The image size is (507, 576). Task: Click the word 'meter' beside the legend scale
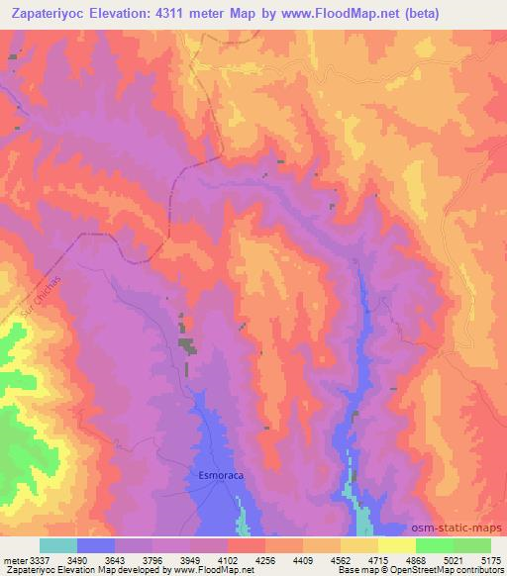coord(16,560)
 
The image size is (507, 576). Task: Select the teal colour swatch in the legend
coord(58,545)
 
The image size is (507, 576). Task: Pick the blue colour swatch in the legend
coord(96,545)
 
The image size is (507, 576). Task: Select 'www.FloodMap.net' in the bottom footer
coord(212,570)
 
